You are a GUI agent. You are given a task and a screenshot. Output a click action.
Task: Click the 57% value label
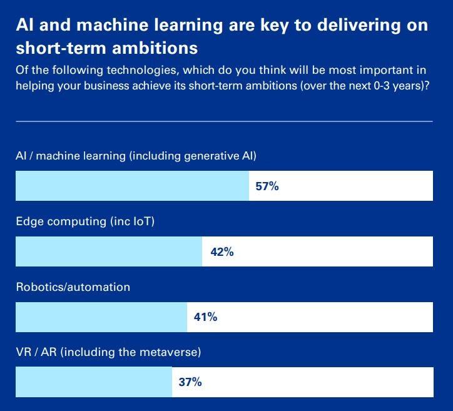coord(267,186)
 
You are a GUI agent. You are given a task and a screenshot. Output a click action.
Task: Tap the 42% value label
coord(221,251)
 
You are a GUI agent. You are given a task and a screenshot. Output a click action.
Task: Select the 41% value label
coord(205,317)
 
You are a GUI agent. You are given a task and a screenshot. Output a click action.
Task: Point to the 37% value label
coord(190,382)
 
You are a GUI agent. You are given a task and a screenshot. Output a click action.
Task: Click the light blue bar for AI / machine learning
coord(132,186)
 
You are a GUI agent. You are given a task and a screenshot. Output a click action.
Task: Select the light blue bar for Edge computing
coord(109,251)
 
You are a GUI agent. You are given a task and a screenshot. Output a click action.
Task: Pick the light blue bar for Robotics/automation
coord(101,317)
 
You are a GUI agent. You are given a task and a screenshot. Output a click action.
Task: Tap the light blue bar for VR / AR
coord(94,382)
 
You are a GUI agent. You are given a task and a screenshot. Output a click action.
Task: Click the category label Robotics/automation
coord(73,287)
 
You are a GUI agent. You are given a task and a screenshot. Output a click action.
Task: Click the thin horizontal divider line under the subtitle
coord(224,121)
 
